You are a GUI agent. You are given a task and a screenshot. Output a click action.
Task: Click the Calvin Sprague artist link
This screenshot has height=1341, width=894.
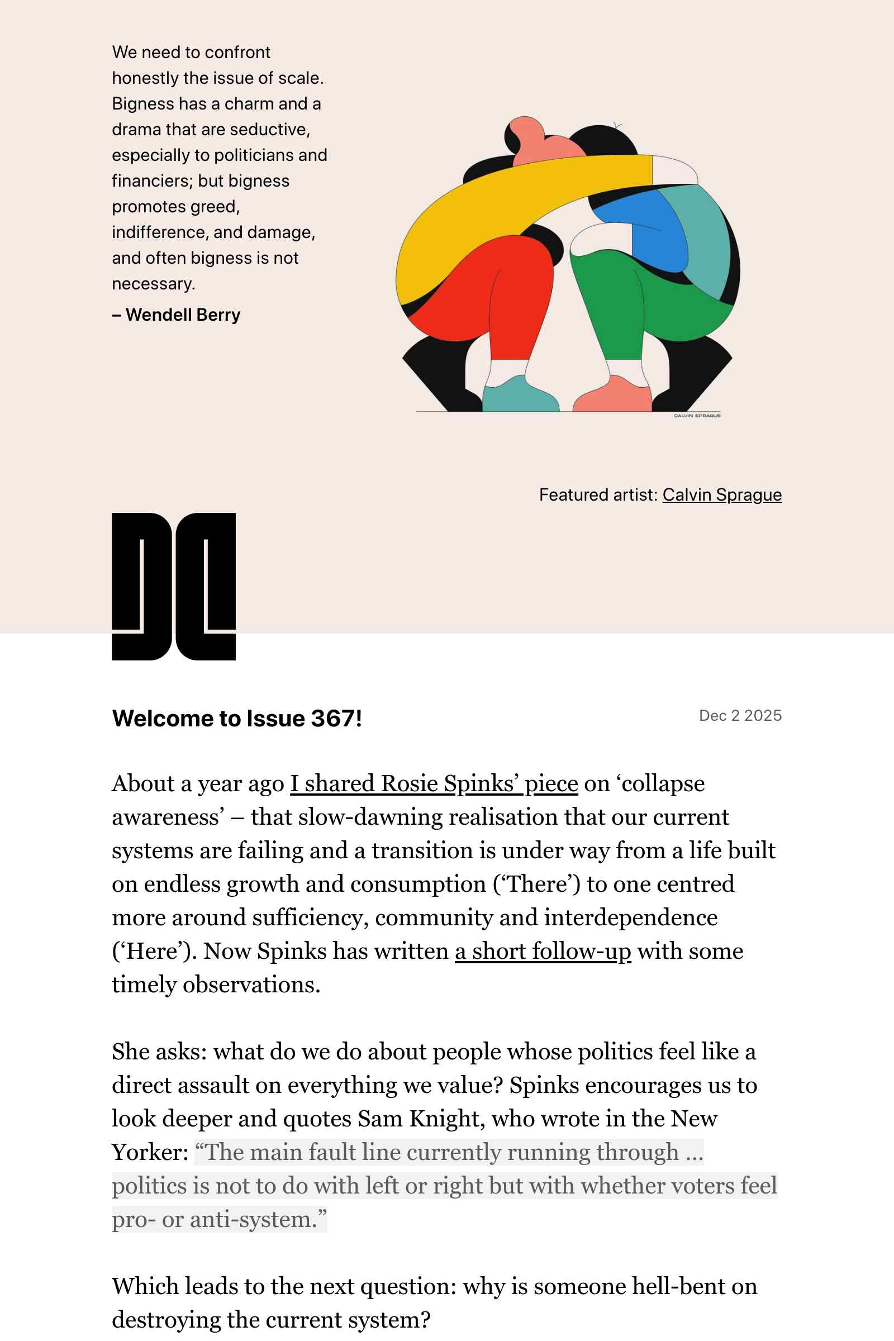point(722,495)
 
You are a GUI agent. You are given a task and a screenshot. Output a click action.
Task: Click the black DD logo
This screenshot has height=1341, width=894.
point(173,586)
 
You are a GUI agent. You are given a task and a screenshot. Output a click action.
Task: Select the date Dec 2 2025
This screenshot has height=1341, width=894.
point(740,716)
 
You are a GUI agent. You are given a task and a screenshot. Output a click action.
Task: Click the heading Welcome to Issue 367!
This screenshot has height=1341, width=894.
point(237,719)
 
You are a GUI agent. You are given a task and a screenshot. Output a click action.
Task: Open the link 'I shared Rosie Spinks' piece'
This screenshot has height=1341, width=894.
point(434,784)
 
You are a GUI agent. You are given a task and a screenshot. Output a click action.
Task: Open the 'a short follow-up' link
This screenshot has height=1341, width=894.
point(543,952)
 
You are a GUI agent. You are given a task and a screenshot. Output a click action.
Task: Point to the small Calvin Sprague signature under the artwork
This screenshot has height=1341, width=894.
point(697,416)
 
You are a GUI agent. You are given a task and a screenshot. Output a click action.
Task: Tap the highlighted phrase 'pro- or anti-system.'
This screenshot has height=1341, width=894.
point(219,1220)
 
